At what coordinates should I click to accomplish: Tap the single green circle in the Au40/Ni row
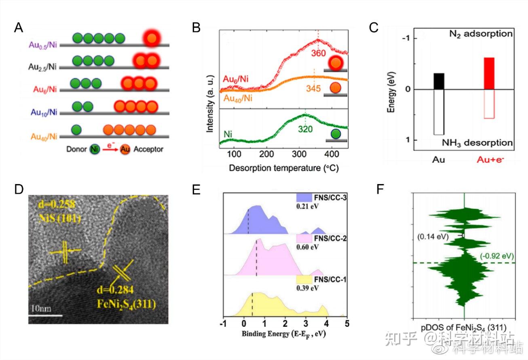[x=76, y=130]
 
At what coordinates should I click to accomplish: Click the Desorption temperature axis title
[x=283, y=167]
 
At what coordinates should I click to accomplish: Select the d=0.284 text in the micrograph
[x=115, y=290]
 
